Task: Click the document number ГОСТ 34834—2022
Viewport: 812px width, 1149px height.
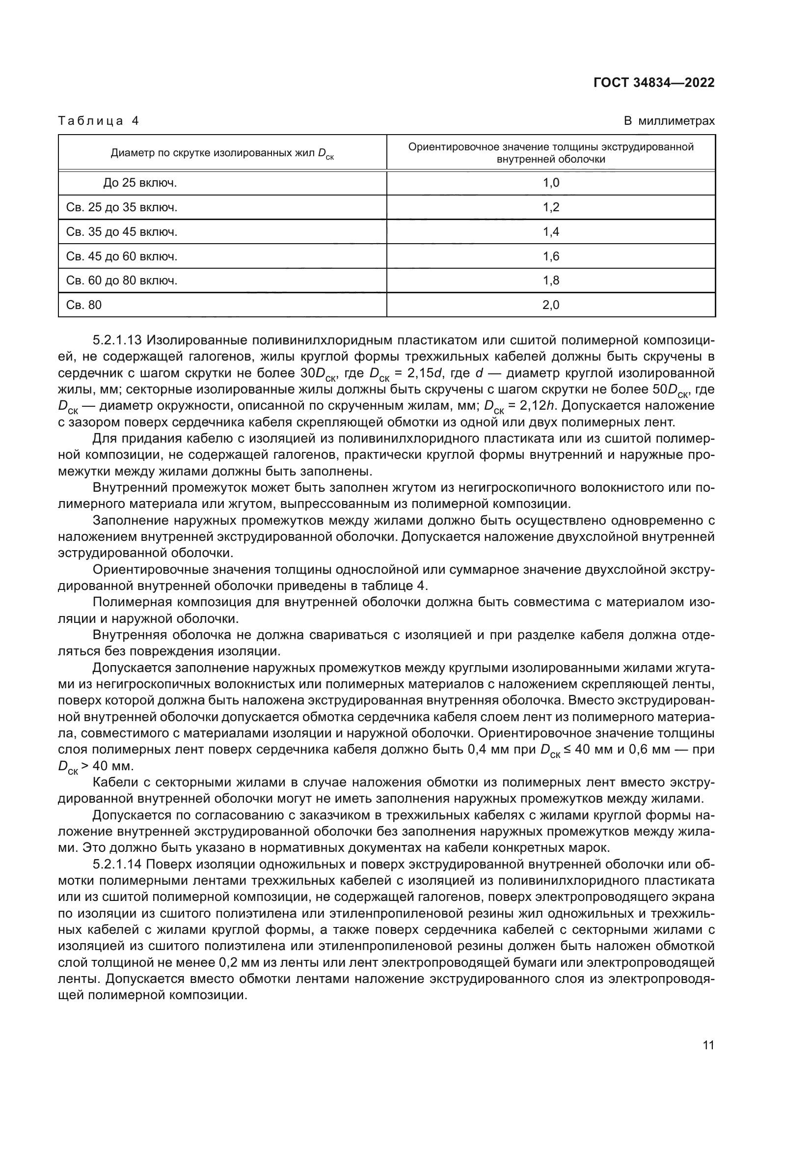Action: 653,83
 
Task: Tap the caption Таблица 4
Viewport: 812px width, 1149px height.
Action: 98,121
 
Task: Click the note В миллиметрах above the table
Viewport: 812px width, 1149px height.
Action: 669,121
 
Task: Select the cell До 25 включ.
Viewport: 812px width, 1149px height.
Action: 140,183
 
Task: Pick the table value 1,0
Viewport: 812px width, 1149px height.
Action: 550,183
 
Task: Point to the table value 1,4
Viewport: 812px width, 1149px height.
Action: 550,232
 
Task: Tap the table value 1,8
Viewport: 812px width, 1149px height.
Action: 550,280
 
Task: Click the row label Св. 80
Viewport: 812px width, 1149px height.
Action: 83,305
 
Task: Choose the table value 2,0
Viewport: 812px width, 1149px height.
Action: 550,305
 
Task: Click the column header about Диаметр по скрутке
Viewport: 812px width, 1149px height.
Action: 222,153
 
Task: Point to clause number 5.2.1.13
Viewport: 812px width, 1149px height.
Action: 117,341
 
